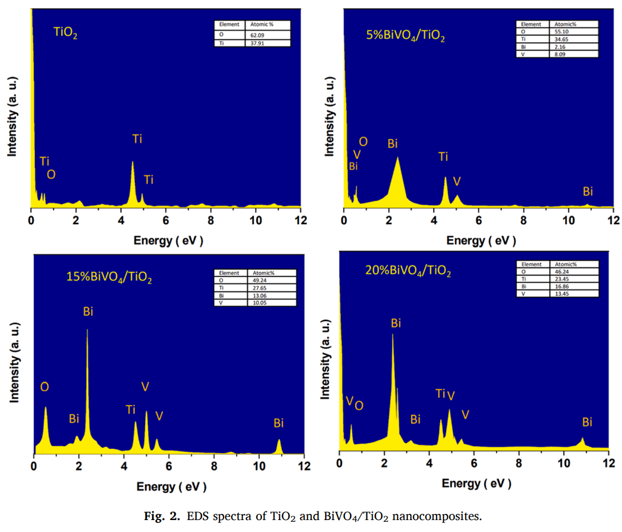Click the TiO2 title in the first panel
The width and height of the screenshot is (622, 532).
tap(65, 32)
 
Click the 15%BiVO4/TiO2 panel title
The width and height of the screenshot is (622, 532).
tap(109, 277)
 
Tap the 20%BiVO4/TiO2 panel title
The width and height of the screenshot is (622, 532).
tap(408, 271)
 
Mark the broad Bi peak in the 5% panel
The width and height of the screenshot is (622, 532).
tap(397, 171)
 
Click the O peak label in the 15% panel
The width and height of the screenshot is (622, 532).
tap(44, 387)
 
